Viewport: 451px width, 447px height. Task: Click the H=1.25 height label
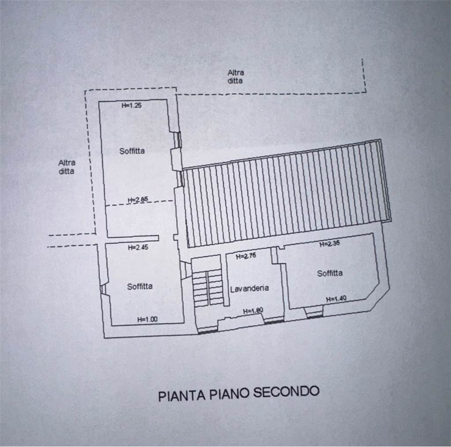131,105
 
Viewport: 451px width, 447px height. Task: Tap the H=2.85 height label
138,199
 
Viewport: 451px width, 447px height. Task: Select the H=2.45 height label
138,248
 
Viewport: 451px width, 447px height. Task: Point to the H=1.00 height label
147,319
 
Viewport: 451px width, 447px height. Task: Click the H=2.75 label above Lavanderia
246,256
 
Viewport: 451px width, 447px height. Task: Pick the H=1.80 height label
253,311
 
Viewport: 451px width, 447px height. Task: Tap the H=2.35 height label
329,244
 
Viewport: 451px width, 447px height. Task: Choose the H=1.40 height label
336,299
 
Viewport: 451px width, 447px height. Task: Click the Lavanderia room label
249,288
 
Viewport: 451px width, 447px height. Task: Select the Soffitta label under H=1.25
132,151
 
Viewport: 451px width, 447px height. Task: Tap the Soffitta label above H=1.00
140,287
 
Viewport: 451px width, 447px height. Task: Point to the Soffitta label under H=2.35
330,273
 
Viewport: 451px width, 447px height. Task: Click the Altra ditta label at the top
236,77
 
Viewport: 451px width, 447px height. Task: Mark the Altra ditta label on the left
67,167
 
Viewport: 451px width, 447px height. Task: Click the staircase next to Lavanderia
208,288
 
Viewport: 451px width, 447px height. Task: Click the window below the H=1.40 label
314,312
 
